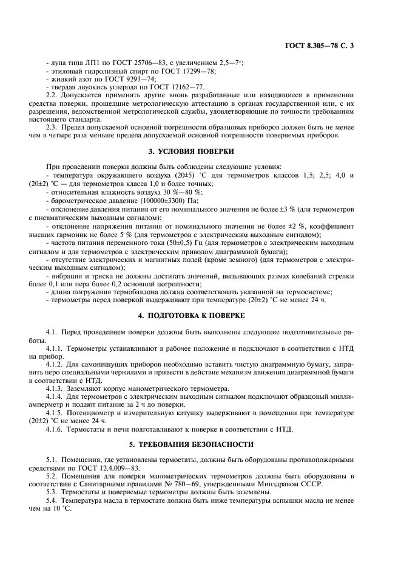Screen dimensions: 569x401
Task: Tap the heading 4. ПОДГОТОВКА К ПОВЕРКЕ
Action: (200, 316)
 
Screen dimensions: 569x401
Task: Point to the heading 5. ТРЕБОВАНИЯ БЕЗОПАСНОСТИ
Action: (200, 443)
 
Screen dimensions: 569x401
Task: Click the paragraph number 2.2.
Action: (52, 95)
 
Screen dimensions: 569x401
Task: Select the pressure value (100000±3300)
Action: (160, 201)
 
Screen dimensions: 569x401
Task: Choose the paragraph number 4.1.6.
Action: (56, 429)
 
